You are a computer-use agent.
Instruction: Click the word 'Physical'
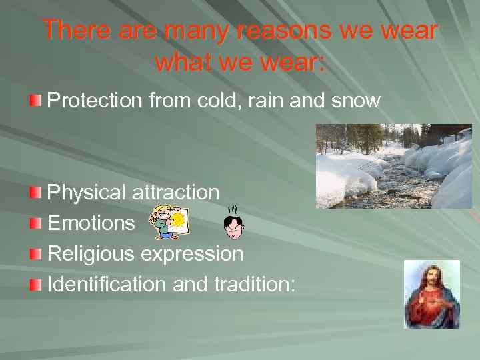pos(87,193)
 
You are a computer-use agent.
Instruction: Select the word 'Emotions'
pos(91,223)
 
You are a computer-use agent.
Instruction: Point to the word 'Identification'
pos(107,284)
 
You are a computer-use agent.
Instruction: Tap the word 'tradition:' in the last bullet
pos(255,284)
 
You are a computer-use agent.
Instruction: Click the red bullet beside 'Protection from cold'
pos(35,101)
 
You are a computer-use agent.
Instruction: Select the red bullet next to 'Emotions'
pos(35,223)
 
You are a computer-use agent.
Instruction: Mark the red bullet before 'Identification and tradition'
pos(35,285)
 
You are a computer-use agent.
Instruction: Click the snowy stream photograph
pos(393,166)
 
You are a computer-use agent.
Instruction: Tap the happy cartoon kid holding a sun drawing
pos(169,222)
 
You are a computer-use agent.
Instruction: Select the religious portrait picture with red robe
pos(431,294)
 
